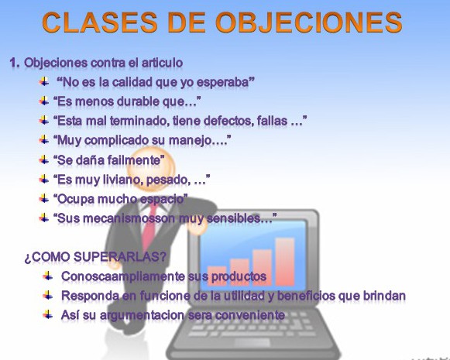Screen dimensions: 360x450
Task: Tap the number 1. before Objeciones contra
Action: click(x=15, y=62)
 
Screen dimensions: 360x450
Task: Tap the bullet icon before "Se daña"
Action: click(x=44, y=159)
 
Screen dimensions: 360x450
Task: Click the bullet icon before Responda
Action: click(x=48, y=295)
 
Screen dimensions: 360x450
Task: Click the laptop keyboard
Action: click(x=271, y=334)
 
